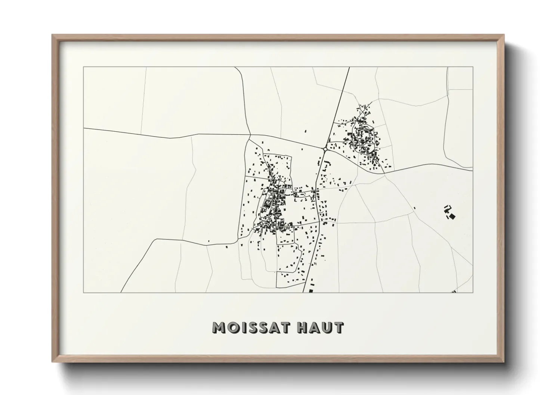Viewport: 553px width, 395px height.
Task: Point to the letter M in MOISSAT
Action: (x=219, y=327)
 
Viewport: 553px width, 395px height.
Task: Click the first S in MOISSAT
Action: (x=249, y=327)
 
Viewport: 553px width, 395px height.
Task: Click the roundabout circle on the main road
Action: (x=325, y=149)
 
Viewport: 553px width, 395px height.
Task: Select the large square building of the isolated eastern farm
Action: (x=452, y=216)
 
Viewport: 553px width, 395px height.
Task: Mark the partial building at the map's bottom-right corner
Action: (x=454, y=291)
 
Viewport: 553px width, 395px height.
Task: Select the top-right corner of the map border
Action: (x=473, y=67)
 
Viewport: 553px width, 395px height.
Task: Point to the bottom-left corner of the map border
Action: (x=84, y=292)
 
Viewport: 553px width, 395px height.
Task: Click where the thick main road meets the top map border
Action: (x=349, y=68)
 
